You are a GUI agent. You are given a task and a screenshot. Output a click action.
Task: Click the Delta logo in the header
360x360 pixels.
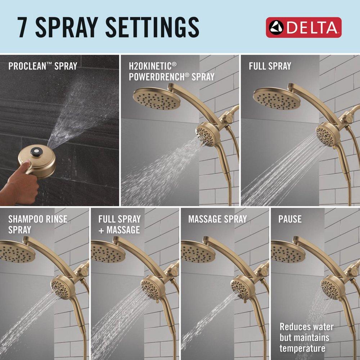pos(303,27)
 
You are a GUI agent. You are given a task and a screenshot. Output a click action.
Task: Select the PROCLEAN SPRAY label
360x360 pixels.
pos(42,66)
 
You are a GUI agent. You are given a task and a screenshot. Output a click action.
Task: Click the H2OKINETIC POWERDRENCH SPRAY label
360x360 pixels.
pos(171,71)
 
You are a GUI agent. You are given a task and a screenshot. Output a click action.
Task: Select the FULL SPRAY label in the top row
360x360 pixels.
pos(270,66)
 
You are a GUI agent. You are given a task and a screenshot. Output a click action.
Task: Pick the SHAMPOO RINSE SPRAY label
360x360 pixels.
pos(37,224)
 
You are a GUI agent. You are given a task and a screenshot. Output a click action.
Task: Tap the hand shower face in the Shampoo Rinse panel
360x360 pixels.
pos(60,286)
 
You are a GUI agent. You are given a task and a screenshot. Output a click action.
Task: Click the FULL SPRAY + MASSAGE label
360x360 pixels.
pos(119,224)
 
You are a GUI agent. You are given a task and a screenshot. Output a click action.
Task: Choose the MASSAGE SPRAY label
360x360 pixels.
pos(217,219)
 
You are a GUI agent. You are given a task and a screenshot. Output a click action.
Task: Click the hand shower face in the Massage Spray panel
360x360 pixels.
pos(240,286)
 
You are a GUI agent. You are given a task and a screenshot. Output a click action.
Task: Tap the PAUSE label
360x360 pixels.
pos(290,219)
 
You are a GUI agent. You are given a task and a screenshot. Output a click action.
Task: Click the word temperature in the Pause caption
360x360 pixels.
pos(302,348)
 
